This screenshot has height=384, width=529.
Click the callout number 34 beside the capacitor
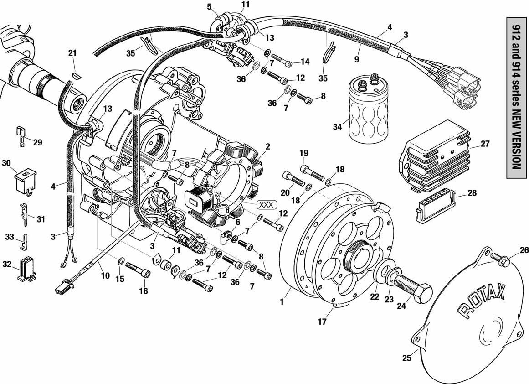337,127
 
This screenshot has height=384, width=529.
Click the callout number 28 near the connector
472,193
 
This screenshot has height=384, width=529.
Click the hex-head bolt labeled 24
412,287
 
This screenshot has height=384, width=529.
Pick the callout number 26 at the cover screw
524,250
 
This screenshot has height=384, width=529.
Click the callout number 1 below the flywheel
282,301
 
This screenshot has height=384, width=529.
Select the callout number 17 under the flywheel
322,322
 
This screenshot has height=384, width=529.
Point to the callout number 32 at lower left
7,264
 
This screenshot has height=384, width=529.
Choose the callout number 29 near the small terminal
37,142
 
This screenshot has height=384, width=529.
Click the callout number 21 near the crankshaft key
72,53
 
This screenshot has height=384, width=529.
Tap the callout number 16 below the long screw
144,291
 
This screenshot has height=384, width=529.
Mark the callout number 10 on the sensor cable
105,275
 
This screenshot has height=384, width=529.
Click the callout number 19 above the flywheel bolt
304,152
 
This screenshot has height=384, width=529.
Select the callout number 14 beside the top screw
305,62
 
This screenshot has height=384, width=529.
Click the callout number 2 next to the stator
268,146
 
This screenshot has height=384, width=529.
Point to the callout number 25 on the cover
407,358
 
